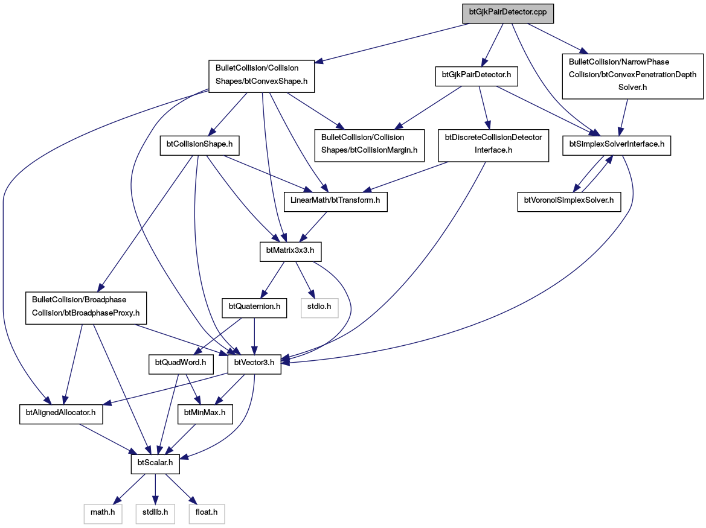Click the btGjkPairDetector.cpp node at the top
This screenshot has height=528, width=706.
508,13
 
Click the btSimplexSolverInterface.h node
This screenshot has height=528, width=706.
617,145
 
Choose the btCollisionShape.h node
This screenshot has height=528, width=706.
199,145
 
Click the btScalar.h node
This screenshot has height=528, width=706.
155,464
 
